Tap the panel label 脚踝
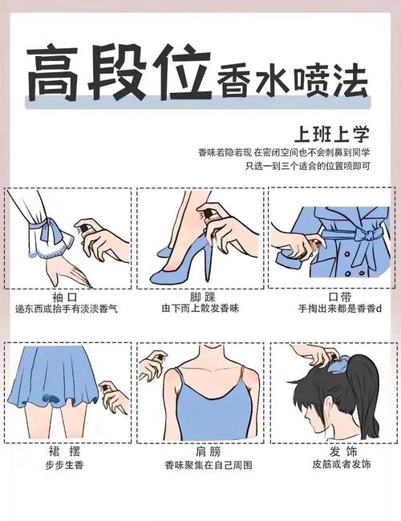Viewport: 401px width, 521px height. (x=201, y=295)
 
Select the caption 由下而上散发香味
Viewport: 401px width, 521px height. (x=201, y=309)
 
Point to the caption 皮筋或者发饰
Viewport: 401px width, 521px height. (x=332, y=466)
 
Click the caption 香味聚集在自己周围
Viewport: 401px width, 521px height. (x=201, y=466)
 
